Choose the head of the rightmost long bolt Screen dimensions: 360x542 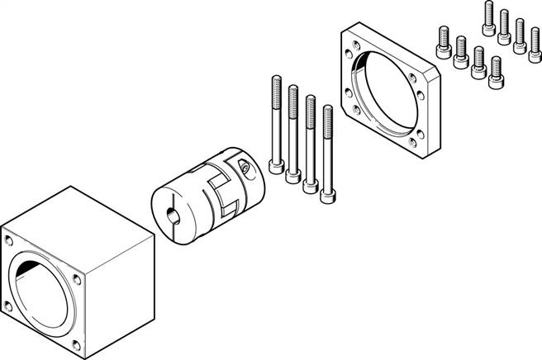328,195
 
